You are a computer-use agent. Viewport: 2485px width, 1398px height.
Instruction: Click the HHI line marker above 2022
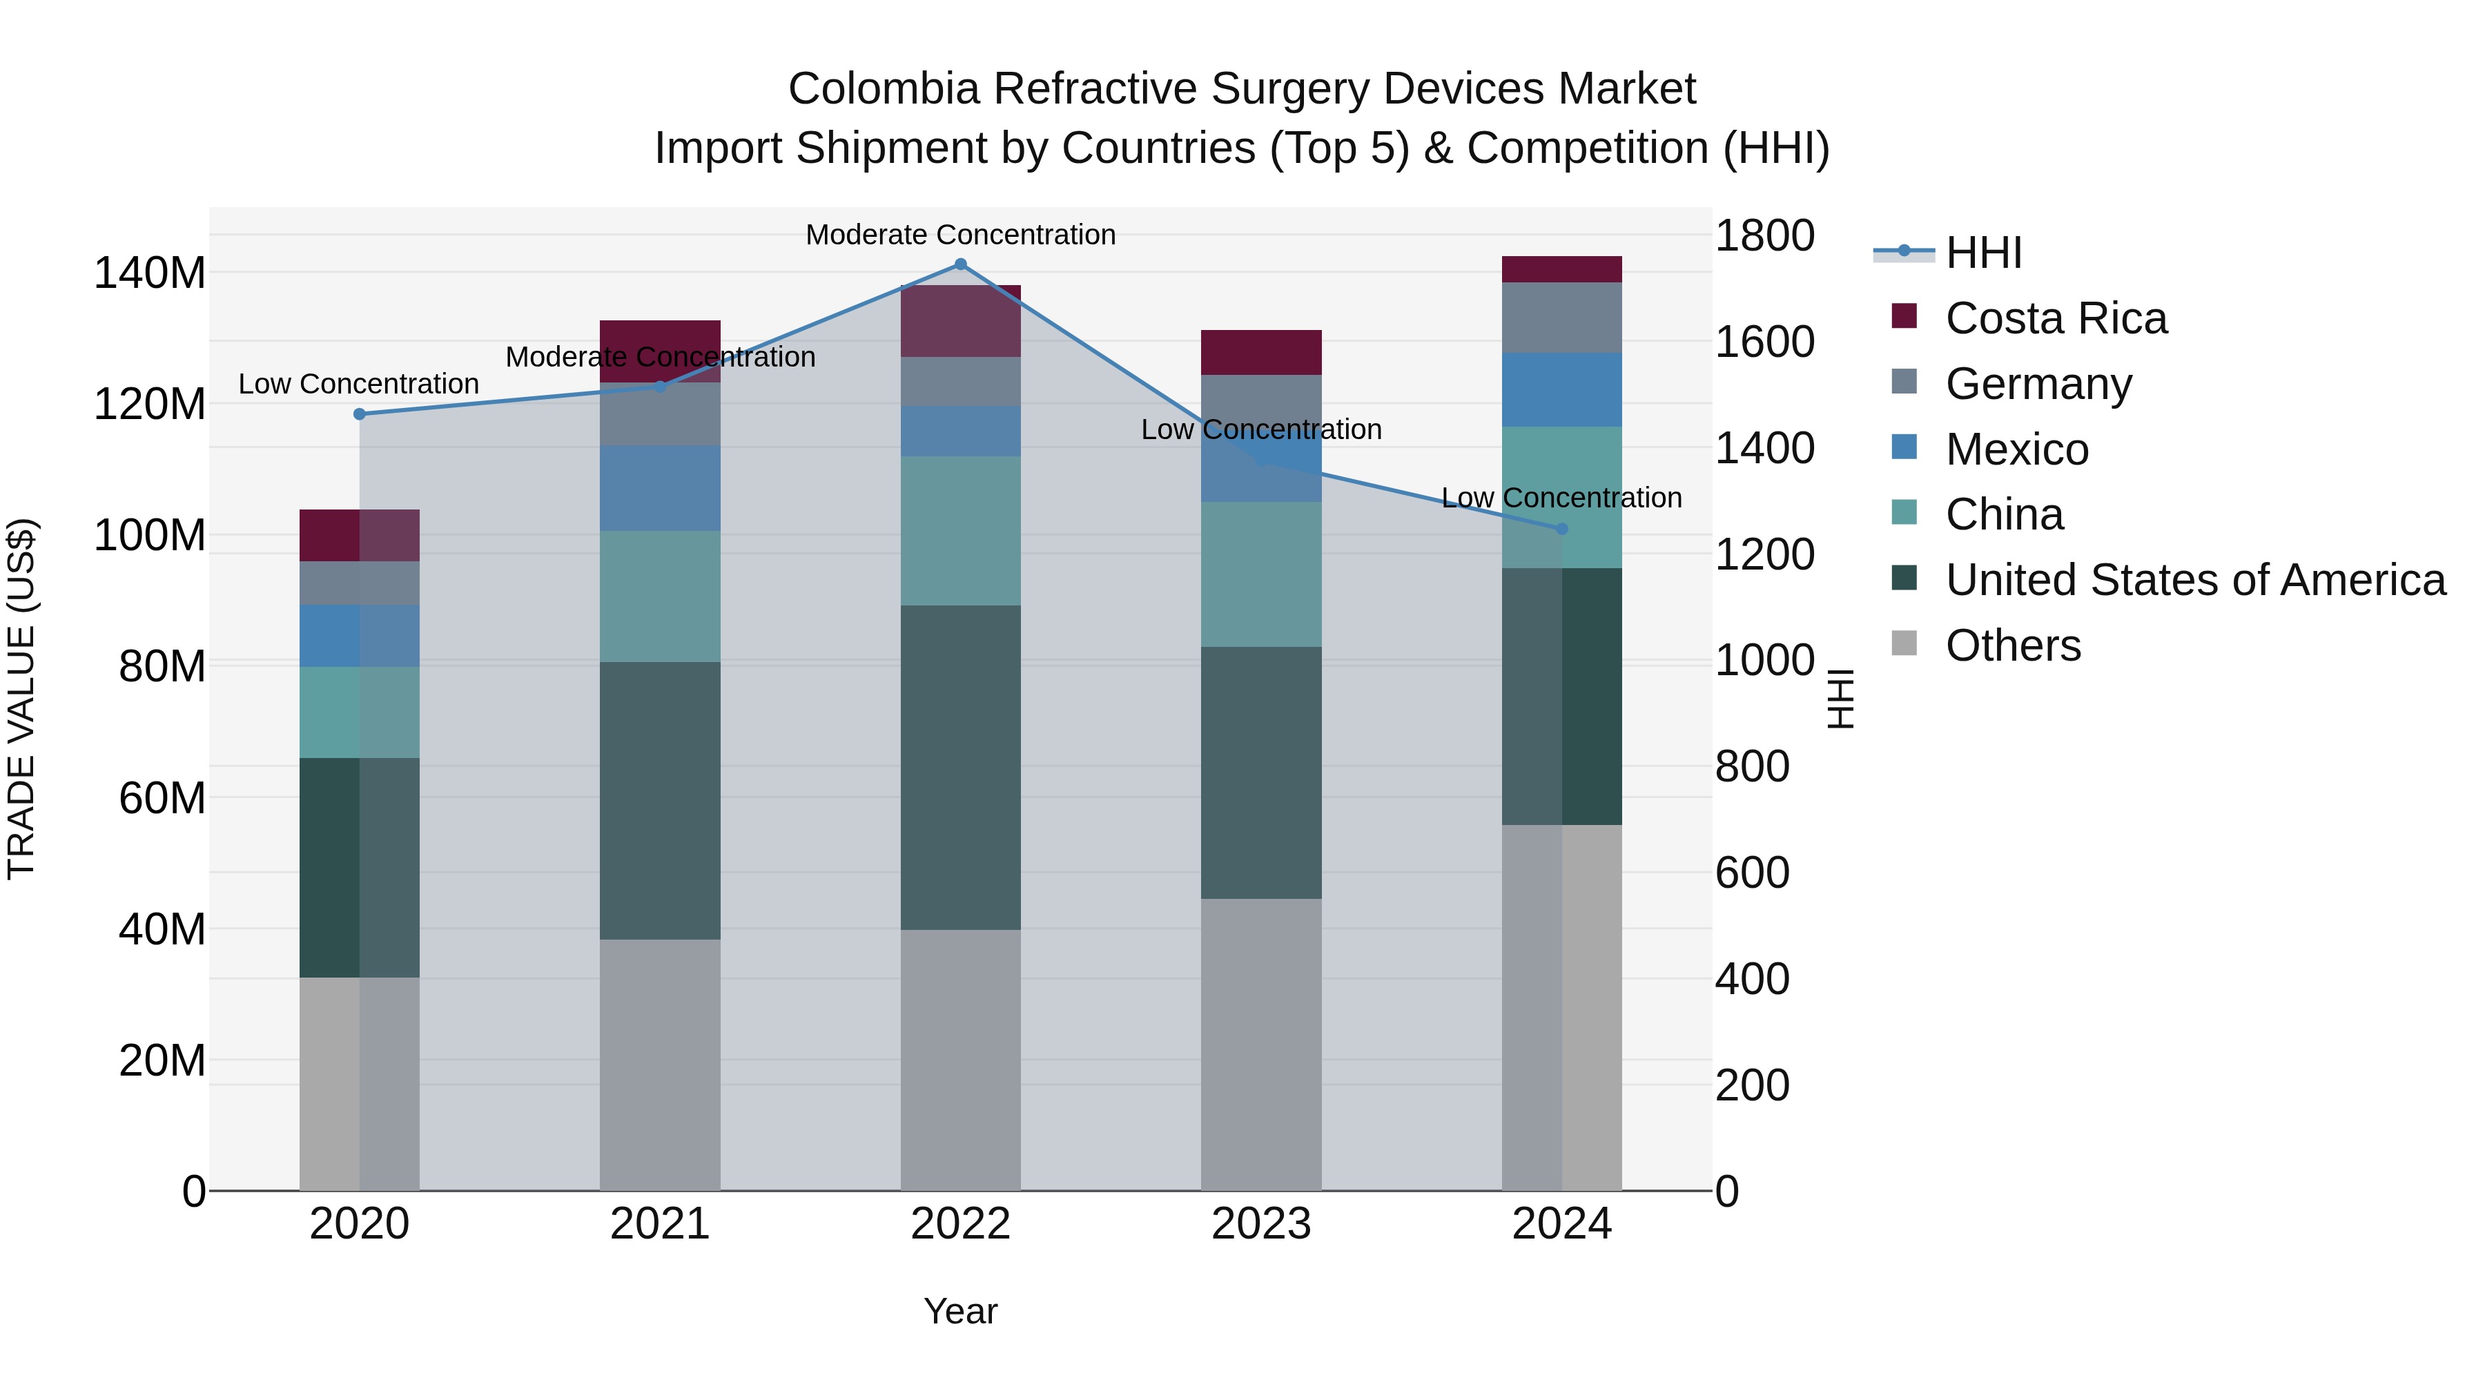click(960, 264)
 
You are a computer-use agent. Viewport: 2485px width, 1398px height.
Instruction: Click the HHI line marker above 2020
click(360, 414)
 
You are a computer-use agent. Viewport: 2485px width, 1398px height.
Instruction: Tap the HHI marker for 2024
click(1562, 529)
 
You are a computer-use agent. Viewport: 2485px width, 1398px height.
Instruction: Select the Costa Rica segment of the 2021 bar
click(660, 337)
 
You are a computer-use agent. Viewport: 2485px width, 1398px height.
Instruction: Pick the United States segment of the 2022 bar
click(960, 767)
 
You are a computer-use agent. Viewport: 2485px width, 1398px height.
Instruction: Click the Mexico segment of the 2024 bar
click(1562, 390)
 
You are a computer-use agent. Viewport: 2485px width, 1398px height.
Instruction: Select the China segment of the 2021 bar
click(660, 596)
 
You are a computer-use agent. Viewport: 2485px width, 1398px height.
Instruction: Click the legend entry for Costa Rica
click(2055, 318)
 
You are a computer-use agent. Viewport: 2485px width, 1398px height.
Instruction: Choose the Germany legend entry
click(2038, 384)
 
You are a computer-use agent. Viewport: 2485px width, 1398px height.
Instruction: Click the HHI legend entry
click(1982, 253)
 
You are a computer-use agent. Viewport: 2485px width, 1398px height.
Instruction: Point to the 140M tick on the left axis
click(150, 273)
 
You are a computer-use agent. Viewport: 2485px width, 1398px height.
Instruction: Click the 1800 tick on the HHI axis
click(1764, 235)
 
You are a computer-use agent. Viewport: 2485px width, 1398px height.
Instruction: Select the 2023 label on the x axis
click(1261, 1224)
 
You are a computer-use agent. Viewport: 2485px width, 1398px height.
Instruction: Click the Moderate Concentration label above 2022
click(960, 235)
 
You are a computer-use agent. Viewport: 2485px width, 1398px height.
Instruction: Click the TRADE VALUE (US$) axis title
click(21, 699)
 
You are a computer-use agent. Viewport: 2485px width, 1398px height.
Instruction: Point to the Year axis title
click(960, 1311)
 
